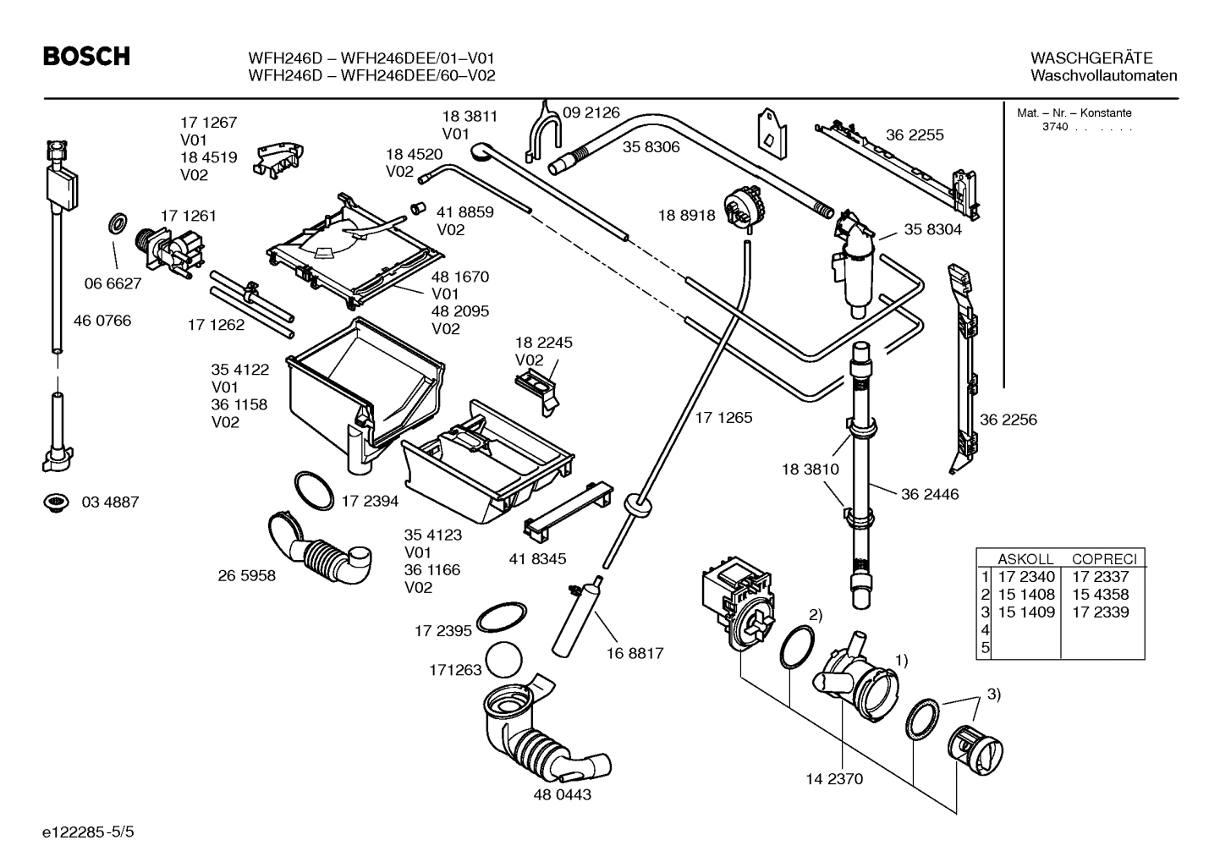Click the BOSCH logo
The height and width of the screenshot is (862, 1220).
click(x=87, y=57)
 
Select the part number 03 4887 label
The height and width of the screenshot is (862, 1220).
click(x=110, y=502)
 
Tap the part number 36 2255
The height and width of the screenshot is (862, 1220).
click(x=915, y=135)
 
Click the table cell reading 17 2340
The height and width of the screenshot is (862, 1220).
click(x=1026, y=577)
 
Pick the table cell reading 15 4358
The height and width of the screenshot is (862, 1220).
click(x=1100, y=595)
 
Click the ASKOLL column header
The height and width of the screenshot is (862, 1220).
click(x=1025, y=559)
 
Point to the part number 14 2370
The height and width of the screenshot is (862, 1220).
click(x=834, y=778)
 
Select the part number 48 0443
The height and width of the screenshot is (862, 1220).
click(x=562, y=795)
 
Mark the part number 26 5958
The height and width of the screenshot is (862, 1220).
click(x=247, y=576)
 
